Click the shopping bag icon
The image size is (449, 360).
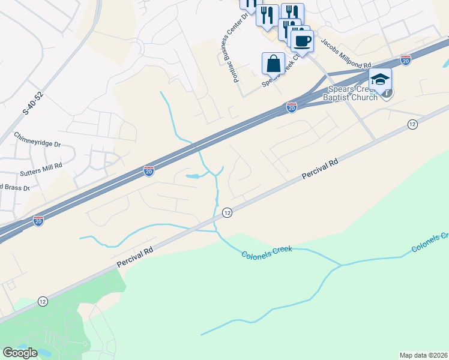[273, 63]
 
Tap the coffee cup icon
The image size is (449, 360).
[302, 41]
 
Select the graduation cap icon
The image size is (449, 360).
[379, 79]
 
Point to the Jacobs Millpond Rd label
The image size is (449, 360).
[346, 54]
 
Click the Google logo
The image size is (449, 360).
[20, 353]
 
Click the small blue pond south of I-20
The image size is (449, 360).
[193, 176]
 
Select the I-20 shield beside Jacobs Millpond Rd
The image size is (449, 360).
[406, 61]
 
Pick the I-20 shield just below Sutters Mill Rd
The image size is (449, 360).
[148, 172]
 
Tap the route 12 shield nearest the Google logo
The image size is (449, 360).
[42, 301]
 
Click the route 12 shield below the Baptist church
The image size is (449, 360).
[412, 124]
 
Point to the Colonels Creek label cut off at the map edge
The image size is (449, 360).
[430, 241]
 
